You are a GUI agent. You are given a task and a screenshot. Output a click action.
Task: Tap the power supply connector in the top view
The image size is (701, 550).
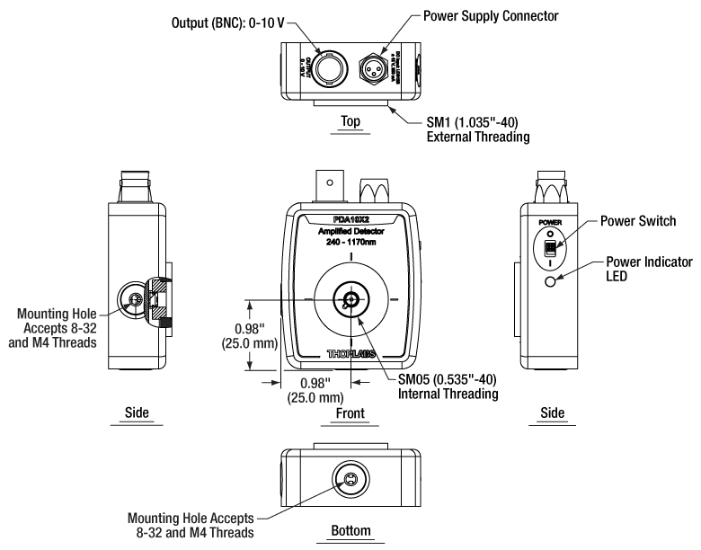pyautogui.click(x=376, y=65)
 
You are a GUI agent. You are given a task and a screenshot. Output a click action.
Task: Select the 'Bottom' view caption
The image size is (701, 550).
pyautogui.click(x=350, y=532)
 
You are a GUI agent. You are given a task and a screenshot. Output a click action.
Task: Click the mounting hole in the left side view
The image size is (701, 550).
pyautogui.click(x=134, y=300)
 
